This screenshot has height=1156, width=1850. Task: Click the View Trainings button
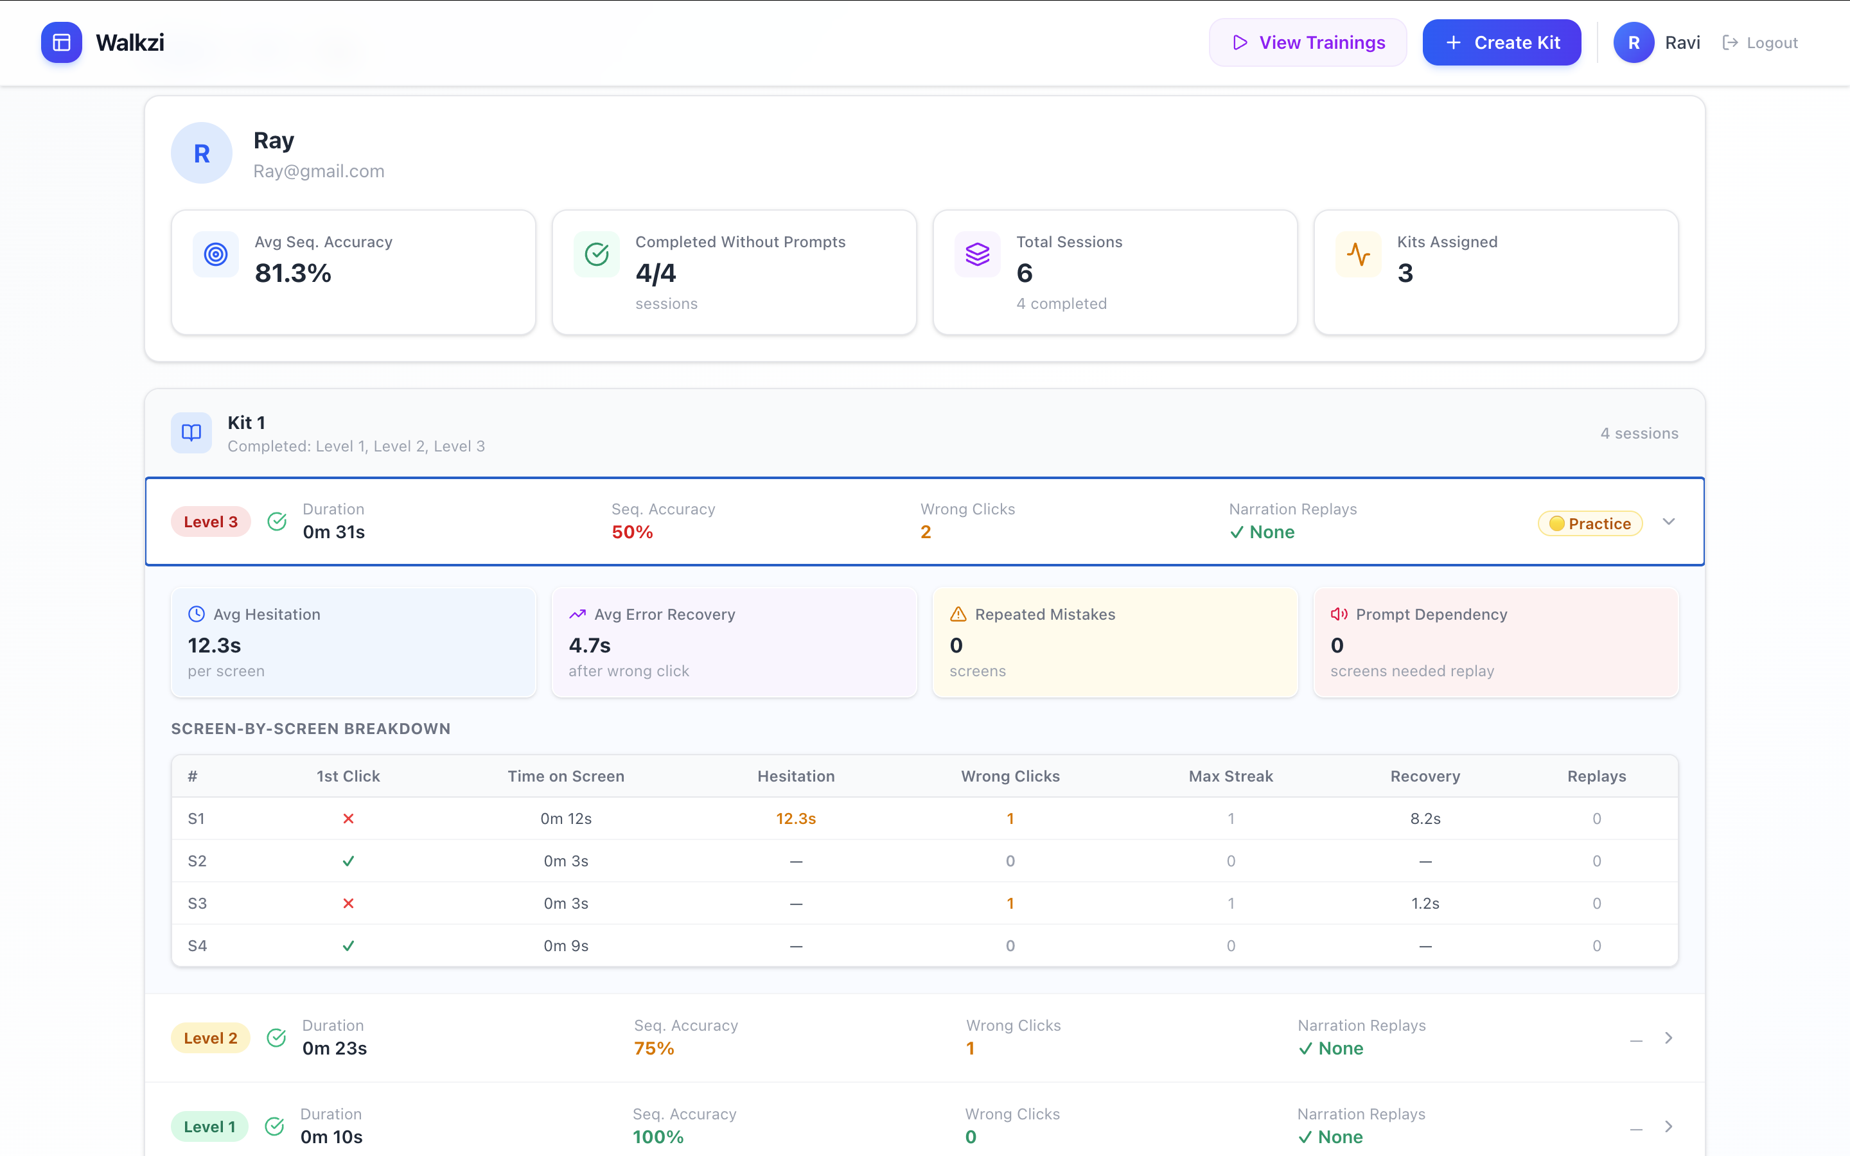click(x=1307, y=43)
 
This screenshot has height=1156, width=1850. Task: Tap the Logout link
click(x=1760, y=43)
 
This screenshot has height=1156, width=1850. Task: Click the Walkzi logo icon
click(x=62, y=43)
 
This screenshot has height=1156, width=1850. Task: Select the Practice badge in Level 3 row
click(x=1590, y=523)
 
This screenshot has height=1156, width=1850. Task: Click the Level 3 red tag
click(x=211, y=522)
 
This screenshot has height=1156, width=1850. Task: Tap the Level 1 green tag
click(x=209, y=1127)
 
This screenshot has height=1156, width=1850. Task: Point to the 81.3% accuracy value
click(x=293, y=273)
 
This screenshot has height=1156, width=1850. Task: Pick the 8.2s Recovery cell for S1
click(x=1425, y=819)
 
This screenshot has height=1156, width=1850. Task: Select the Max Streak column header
click(x=1231, y=776)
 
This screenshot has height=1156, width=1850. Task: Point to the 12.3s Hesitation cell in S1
click(x=796, y=819)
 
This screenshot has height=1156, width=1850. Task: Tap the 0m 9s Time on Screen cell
click(x=566, y=946)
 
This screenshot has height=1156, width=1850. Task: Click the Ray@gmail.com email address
click(x=319, y=171)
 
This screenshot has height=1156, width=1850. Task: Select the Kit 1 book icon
click(x=191, y=433)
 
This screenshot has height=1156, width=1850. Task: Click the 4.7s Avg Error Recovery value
click(x=590, y=645)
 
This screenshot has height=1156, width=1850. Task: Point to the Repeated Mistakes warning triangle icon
click(x=958, y=614)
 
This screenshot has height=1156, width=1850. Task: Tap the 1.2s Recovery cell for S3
click(x=1425, y=904)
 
